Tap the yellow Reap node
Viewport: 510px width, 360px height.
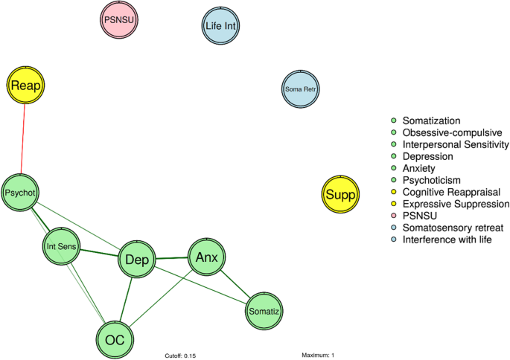click(26, 87)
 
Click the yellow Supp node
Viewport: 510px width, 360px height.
click(340, 196)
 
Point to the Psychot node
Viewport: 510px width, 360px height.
click(20, 193)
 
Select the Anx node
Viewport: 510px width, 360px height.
click(205, 257)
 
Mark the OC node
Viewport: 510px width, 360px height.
click(115, 339)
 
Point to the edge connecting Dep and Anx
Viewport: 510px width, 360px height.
click(171, 259)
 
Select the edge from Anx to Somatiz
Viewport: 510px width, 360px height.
click(236, 286)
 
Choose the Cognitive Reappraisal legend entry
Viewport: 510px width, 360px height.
click(455, 192)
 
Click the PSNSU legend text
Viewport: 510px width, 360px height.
click(418, 216)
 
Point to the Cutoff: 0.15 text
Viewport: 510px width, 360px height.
click(180, 356)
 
